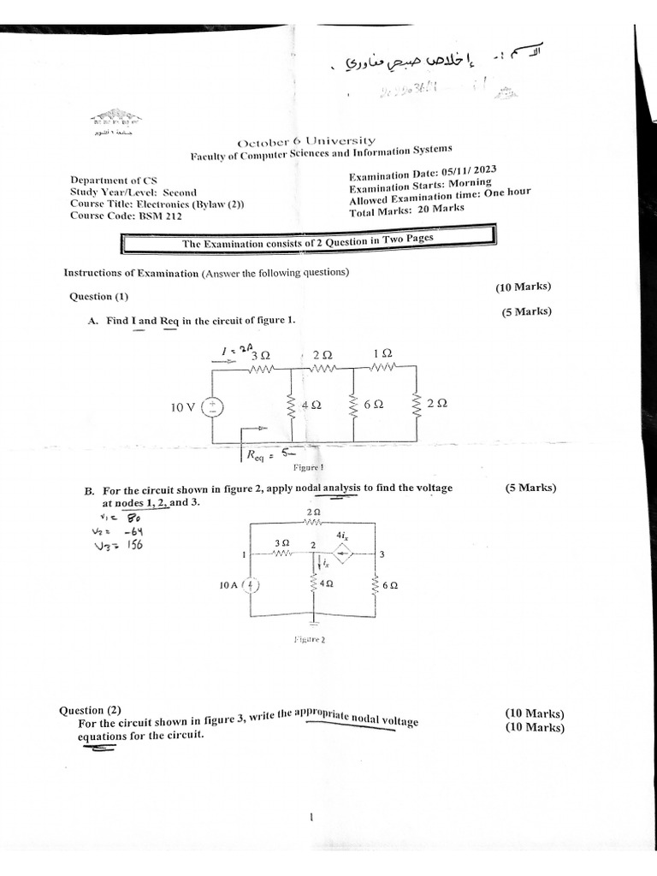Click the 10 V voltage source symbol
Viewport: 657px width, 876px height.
pos(210,407)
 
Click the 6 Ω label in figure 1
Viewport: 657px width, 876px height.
pos(373,406)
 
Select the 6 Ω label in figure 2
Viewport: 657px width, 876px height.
pos(390,586)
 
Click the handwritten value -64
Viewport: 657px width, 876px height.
pos(131,531)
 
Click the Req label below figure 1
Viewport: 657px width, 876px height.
pos(257,456)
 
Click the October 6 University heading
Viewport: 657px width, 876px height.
pos(305,141)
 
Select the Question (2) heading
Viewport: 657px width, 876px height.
pos(90,711)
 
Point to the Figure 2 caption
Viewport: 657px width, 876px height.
pos(309,638)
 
